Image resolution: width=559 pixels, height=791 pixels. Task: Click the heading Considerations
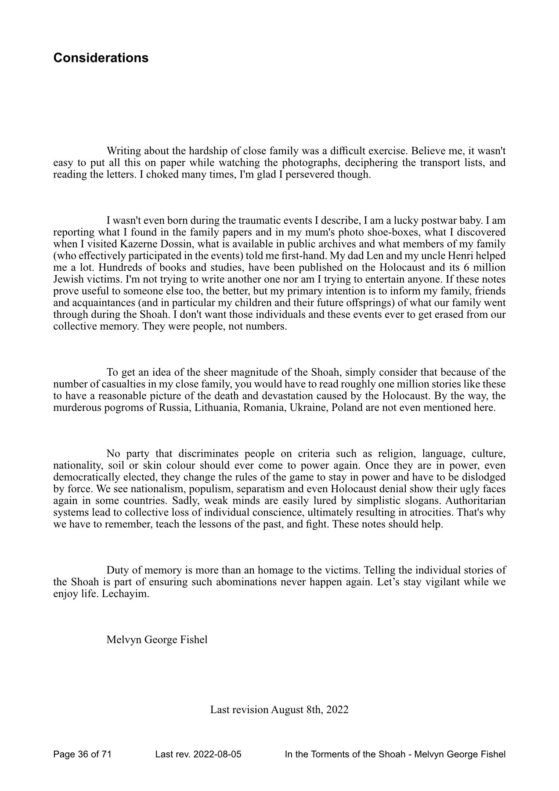pyautogui.click(x=101, y=58)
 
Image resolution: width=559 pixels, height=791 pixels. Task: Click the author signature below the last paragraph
pyautogui.click(x=157, y=639)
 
